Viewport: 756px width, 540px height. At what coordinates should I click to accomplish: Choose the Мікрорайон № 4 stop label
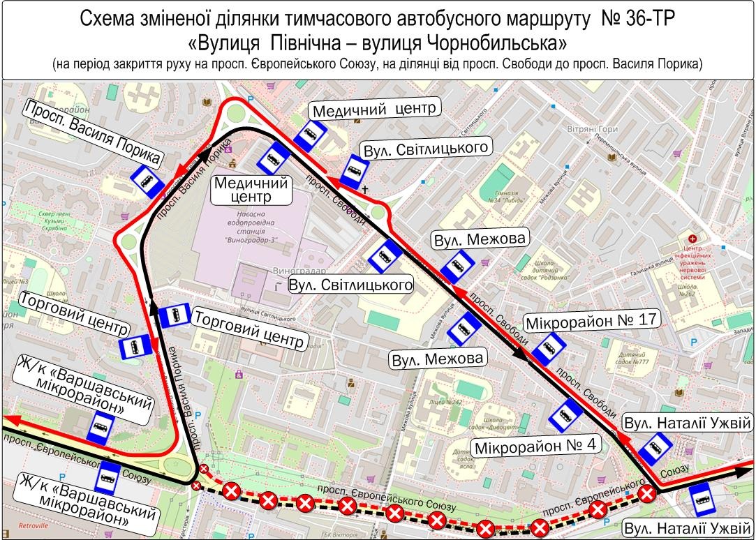534,447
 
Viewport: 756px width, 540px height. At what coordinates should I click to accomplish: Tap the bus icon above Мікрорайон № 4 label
566,417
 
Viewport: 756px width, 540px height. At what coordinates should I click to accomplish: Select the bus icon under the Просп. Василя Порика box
147,182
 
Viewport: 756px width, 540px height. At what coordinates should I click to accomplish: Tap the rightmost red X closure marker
647,494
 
